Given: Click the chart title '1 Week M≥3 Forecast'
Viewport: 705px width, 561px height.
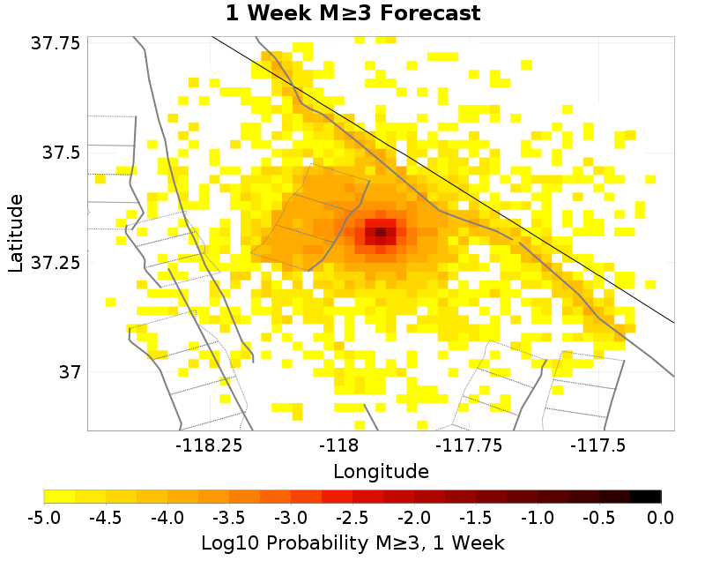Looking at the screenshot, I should (x=352, y=13).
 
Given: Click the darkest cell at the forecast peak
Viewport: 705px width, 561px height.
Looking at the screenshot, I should (x=381, y=233).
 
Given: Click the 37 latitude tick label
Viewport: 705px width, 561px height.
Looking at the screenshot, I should (x=69, y=371).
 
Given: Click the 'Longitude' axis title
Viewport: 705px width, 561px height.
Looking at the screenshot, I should (x=381, y=471).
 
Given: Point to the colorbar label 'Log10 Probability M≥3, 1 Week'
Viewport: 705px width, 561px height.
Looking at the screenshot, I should (x=352, y=540).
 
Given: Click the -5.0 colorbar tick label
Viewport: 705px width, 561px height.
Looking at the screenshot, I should (x=44, y=516).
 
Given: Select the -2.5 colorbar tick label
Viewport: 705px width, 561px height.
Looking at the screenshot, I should (x=352, y=516).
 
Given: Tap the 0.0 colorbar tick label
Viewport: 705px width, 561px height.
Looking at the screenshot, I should (x=661, y=516).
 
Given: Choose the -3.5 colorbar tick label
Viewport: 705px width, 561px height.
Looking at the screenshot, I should (x=229, y=516).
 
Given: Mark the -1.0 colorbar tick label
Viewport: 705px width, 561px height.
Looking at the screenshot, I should (x=538, y=516).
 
